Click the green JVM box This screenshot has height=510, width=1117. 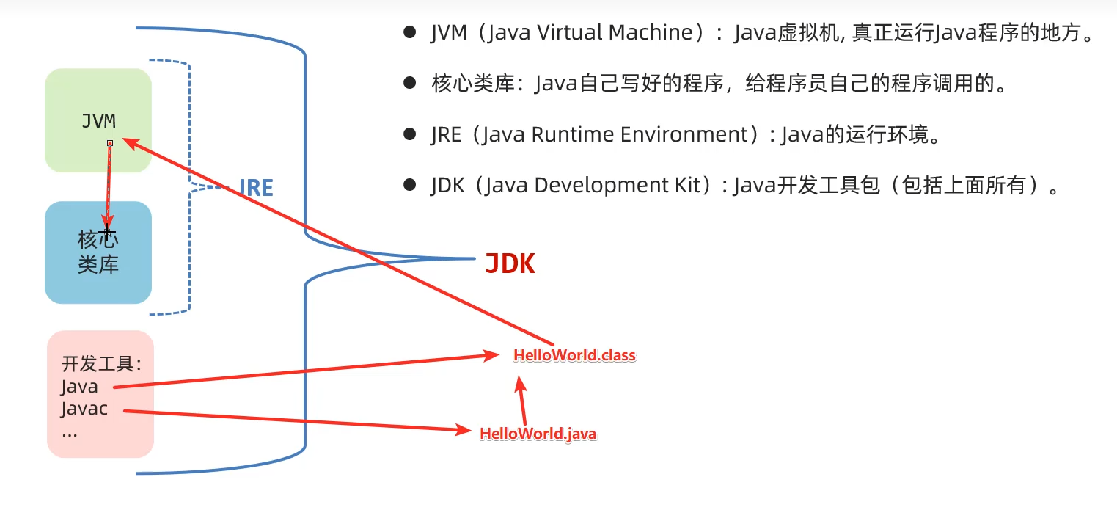[98, 120]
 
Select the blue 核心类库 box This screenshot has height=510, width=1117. [98, 252]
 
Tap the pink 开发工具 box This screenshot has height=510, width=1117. [100, 394]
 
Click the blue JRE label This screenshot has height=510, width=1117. [256, 188]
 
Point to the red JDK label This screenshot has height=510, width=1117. [510, 263]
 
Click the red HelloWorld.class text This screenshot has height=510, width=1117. [574, 356]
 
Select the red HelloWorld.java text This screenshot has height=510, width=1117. [538, 434]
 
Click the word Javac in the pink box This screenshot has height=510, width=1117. [84, 409]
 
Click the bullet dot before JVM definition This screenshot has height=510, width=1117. [410, 33]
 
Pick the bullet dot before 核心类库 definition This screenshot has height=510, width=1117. [410, 84]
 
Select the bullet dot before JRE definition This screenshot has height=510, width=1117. [410, 134]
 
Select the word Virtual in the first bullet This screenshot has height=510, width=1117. [566, 33]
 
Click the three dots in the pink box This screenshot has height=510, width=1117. [70, 433]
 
